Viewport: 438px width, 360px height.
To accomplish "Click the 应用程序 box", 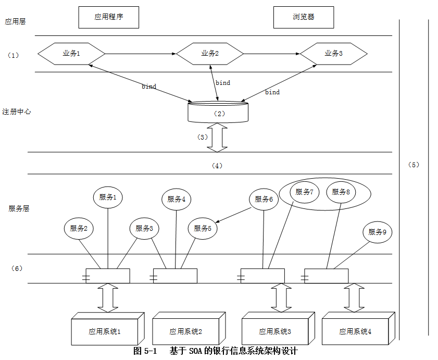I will pos(108,17).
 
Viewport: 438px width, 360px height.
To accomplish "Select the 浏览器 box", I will pos(304,17).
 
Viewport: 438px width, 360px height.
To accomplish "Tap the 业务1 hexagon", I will pos(72,53).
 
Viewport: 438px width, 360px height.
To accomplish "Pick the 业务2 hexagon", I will pos(210,53).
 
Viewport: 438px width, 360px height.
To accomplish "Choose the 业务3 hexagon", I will pos(333,53).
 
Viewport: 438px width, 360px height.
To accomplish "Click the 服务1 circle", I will pos(108,197).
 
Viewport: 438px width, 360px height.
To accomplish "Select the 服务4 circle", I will pos(176,199).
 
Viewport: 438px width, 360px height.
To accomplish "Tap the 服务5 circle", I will pos(203,228).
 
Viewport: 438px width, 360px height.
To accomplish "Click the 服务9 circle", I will pos(377,232).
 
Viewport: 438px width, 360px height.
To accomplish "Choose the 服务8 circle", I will pos(341,192).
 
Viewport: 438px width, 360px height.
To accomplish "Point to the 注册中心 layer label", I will pos(17,111).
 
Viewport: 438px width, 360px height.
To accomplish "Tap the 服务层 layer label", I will pos(19,208).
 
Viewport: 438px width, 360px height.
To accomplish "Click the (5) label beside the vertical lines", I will pos(413,165).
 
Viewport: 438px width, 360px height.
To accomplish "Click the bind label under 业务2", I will pos(223,83).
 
